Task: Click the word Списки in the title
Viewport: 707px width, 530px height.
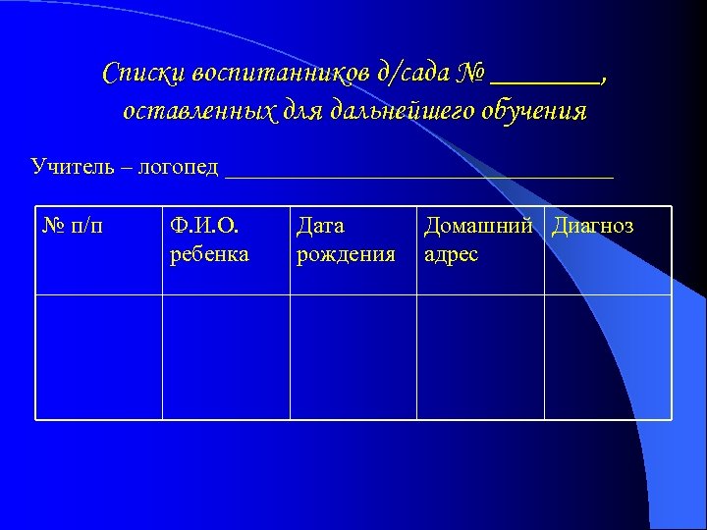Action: (144, 74)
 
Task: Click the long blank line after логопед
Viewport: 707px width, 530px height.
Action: (419, 175)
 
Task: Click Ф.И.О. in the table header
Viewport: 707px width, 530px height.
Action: (204, 227)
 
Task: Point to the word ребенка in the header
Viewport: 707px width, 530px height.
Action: (209, 254)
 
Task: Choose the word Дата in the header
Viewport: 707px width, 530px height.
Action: (320, 227)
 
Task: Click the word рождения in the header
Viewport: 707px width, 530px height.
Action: (346, 255)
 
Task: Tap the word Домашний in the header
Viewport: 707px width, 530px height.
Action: (481, 227)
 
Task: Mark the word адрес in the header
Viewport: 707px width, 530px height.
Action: (451, 254)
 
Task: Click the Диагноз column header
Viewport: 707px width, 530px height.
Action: (593, 227)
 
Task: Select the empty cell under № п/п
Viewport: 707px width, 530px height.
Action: (99, 357)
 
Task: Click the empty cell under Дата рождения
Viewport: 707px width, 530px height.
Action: (353, 357)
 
